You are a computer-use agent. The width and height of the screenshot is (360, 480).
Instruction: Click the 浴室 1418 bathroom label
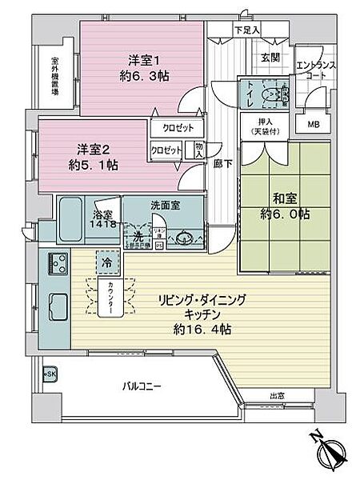pyautogui.click(x=103, y=218)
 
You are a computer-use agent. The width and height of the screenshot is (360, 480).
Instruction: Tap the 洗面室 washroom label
pyautogui.click(x=164, y=205)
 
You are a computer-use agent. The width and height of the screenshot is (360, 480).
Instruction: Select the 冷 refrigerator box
pyautogui.click(x=106, y=260)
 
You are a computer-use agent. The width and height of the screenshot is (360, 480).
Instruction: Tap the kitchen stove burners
pyautogui.click(x=58, y=262)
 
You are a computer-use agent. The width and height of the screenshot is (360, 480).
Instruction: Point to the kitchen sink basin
pyautogui.click(x=58, y=303)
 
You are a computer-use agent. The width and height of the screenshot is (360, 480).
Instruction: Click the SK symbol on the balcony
pyautogui.click(x=50, y=374)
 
